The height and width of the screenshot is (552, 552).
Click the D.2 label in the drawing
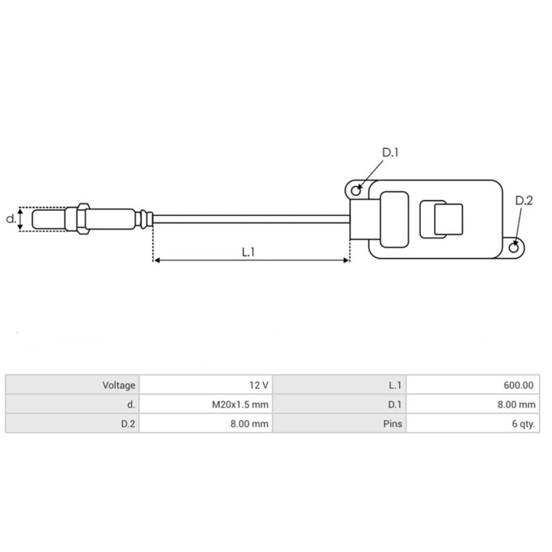pyautogui.click(x=524, y=201)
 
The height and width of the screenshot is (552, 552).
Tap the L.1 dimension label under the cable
pyautogui.click(x=249, y=253)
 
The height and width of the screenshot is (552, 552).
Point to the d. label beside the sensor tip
pyautogui.click(x=10, y=219)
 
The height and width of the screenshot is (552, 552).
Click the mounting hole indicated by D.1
pyautogui.click(x=356, y=189)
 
